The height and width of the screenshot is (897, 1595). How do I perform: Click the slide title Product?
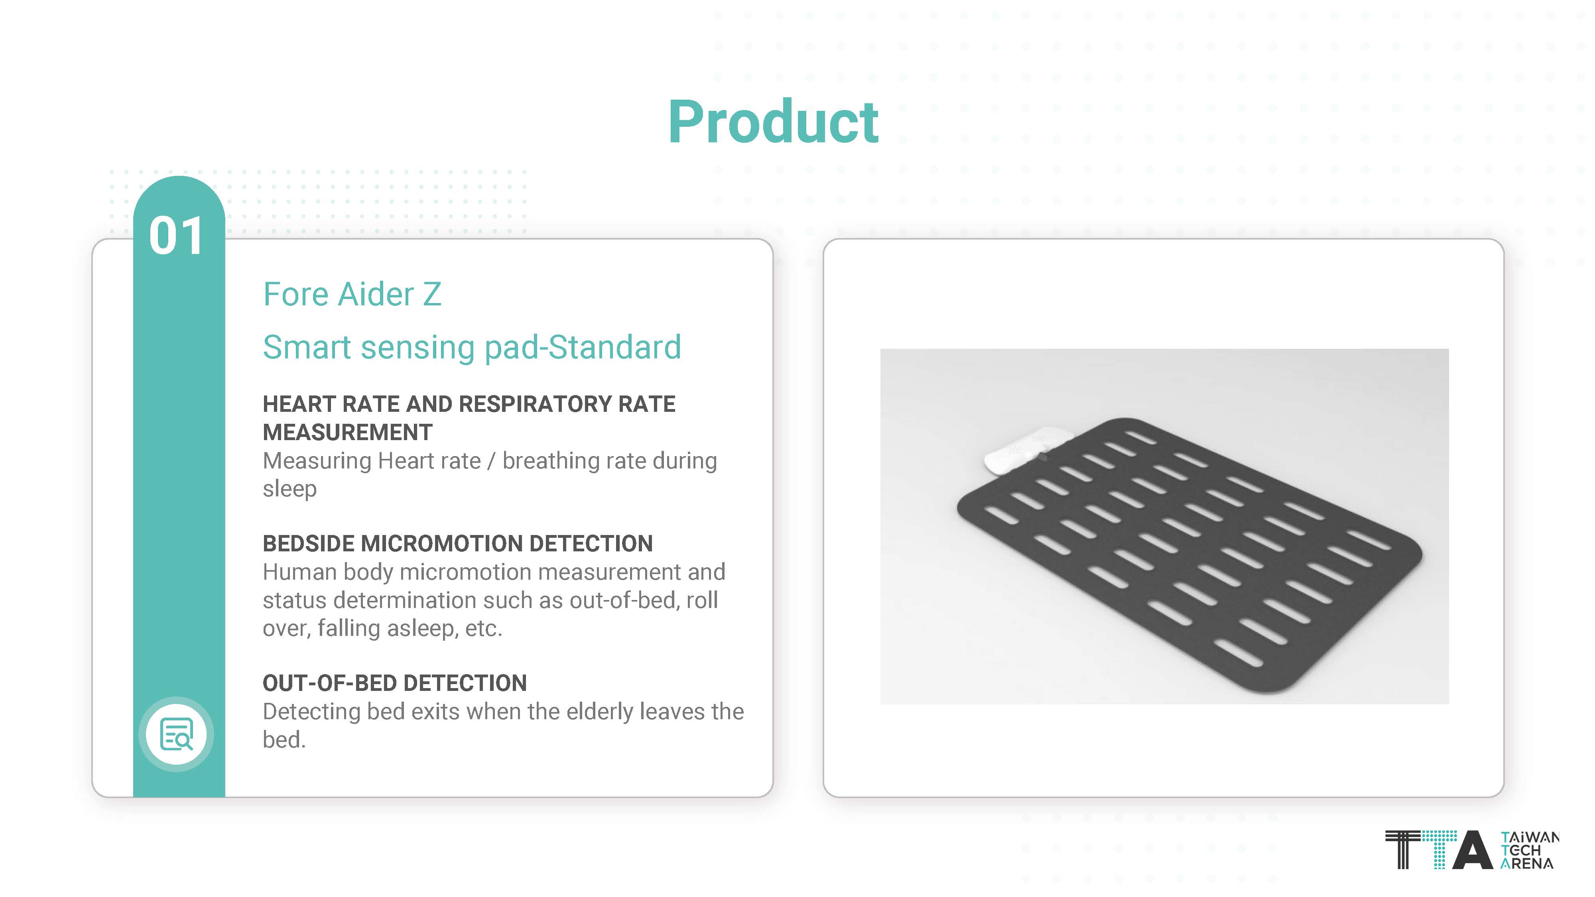pyautogui.click(x=773, y=122)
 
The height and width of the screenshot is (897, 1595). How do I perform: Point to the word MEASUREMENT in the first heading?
pyautogui.click(x=347, y=432)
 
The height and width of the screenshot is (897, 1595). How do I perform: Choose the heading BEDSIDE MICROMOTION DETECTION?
pyautogui.click(x=458, y=543)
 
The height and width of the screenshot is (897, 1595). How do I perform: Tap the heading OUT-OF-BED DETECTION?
pyautogui.click(x=394, y=683)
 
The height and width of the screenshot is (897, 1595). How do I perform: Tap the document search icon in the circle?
pyautogui.click(x=177, y=734)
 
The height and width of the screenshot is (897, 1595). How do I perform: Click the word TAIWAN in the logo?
pyautogui.click(x=1530, y=838)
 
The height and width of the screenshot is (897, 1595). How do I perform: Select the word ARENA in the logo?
pyautogui.click(x=1527, y=864)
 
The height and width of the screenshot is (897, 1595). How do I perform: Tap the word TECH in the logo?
pyautogui.click(x=1521, y=851)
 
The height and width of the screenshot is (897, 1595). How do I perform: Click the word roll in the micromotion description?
pyautogui.click(x=702, y=600)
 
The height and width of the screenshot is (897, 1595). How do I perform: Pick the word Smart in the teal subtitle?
pyautogui.click(x=307, y=347)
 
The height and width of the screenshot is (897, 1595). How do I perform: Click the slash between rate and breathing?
pyautogui.click(x=491, y=461)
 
